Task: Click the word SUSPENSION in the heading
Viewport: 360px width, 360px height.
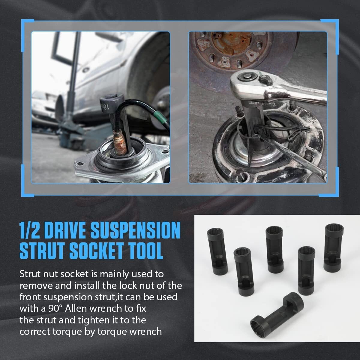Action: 136,230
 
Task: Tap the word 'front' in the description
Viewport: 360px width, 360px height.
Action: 30,297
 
